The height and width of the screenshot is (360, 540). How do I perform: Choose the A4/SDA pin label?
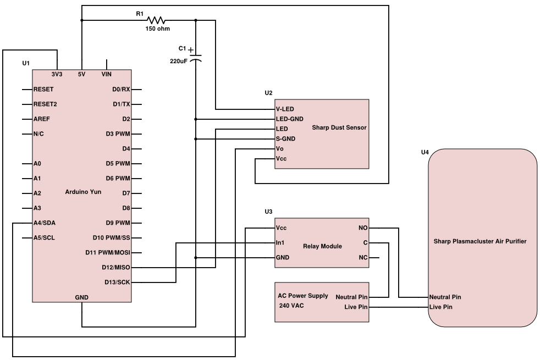tap(44, 223)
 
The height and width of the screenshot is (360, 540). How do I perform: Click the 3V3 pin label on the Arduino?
tap(57, 74)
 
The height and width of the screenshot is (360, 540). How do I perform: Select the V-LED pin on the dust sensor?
tap(285, 109)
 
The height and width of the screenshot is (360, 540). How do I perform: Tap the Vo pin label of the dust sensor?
tap(279, 148)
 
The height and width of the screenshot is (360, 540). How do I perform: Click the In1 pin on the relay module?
tap(280, 242)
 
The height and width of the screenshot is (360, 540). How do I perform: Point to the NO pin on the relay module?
tap(363, 228)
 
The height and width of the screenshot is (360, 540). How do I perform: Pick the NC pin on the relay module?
tap(363, 257)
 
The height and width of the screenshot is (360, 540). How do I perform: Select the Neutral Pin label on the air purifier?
tap(445, 297)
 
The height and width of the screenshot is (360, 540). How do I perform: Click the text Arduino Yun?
tap(82, 192)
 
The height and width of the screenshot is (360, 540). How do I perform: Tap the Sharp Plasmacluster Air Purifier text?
tap(480, 241)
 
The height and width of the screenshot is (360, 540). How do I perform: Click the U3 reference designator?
tap(268, 212)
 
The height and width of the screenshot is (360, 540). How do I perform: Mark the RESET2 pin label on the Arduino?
tap(45, 104)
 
